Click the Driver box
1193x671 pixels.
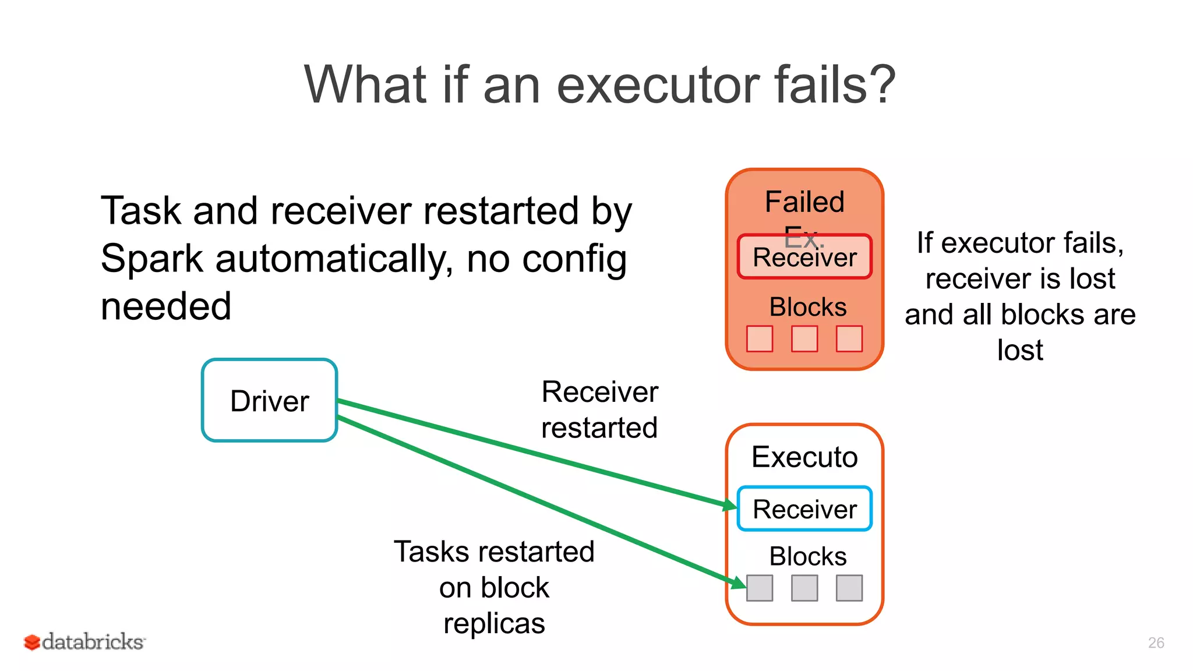coord(269,401)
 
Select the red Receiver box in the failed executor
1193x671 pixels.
coord(804,257)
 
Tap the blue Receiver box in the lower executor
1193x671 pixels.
coord(804,509)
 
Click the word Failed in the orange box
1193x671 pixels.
coord(804,202)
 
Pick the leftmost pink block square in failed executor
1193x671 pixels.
coord(760,338)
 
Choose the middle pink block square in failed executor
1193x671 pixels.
coord(804,338)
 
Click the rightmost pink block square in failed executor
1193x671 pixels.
coord(849,338)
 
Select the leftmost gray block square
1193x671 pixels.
coord(760,588)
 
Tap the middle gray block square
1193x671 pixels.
coord(804,588)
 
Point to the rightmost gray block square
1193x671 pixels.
coord(849,588)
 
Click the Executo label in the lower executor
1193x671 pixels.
coord(804,457)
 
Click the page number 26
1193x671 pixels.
coord(1156,642)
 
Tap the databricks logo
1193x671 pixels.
coord(84,642)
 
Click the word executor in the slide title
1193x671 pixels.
coord(658,85)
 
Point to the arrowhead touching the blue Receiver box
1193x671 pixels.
coord(730,505)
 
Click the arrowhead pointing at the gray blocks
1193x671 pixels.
coord(739,582)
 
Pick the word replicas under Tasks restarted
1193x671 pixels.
coord(494,623)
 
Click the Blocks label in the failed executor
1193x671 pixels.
coord(808,307)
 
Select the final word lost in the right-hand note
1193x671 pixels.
coord(1020,350)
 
